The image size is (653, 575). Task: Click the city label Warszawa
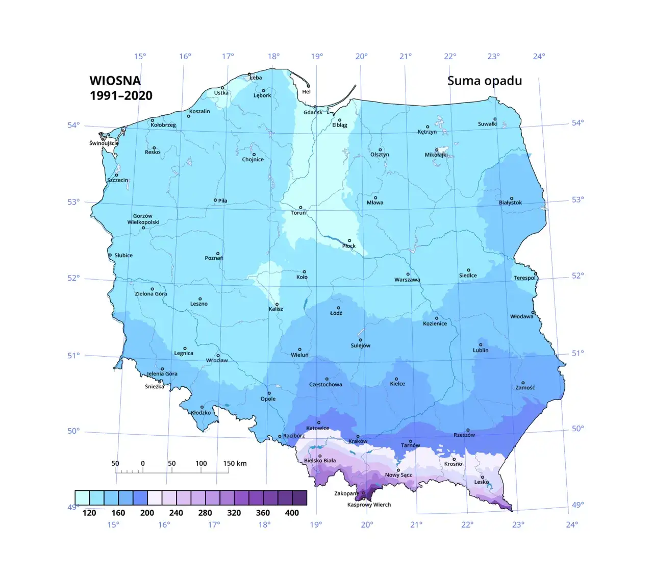coord(407,280)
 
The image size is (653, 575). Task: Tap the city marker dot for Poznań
coord(218,254)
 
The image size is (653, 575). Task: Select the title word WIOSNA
coord(115,81)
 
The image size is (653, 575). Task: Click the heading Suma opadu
coord(484,81)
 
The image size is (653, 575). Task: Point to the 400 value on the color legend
coord(292,513)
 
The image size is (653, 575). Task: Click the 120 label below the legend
coord(89,513)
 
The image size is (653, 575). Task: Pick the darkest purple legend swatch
coord(299,497)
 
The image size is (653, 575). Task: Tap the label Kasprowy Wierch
coord(369,505)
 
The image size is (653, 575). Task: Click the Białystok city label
coord(510,203)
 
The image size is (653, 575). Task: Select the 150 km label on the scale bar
coord(235,463)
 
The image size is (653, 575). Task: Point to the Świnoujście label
coord(104,143)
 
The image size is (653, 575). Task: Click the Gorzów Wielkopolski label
coord(143,219)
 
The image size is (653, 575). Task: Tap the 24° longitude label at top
coord(539,57)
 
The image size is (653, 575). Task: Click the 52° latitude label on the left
coord(73,278)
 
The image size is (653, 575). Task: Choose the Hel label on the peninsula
coord(306,92)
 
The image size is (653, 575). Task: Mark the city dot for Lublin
coord(480,345)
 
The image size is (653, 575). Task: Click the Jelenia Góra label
coord(162,374)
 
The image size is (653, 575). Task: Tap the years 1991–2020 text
coord(121,95)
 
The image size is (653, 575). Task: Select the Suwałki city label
coord(487,124)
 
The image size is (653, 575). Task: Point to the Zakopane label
coord(346,493)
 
